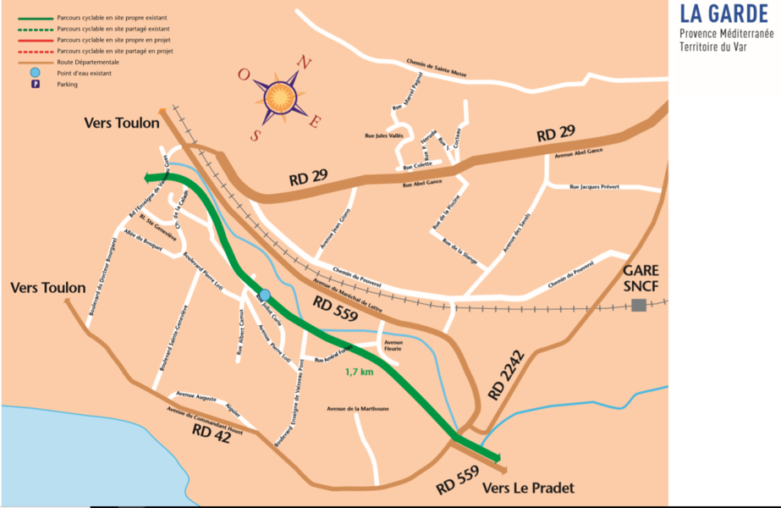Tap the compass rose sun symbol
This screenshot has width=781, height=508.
(282, 98)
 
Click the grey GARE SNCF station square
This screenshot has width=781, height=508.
(639, 304)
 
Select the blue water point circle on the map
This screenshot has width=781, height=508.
(265, 295)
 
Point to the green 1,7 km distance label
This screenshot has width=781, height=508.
(359, 371)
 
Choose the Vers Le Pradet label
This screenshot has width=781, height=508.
(528, 489)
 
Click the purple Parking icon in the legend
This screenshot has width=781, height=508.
(35, 85)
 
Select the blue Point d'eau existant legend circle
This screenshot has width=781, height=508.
(35, 74)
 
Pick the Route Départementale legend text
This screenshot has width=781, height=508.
(88, 63)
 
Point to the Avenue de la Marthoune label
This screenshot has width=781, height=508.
(358, 408)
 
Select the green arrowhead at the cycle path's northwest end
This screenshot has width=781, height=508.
(149, 178)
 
